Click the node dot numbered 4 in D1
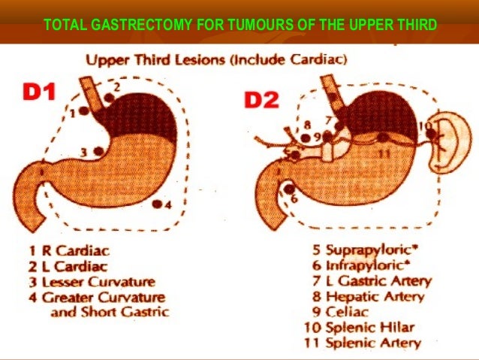pyautogui.click(x=156, y=204)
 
